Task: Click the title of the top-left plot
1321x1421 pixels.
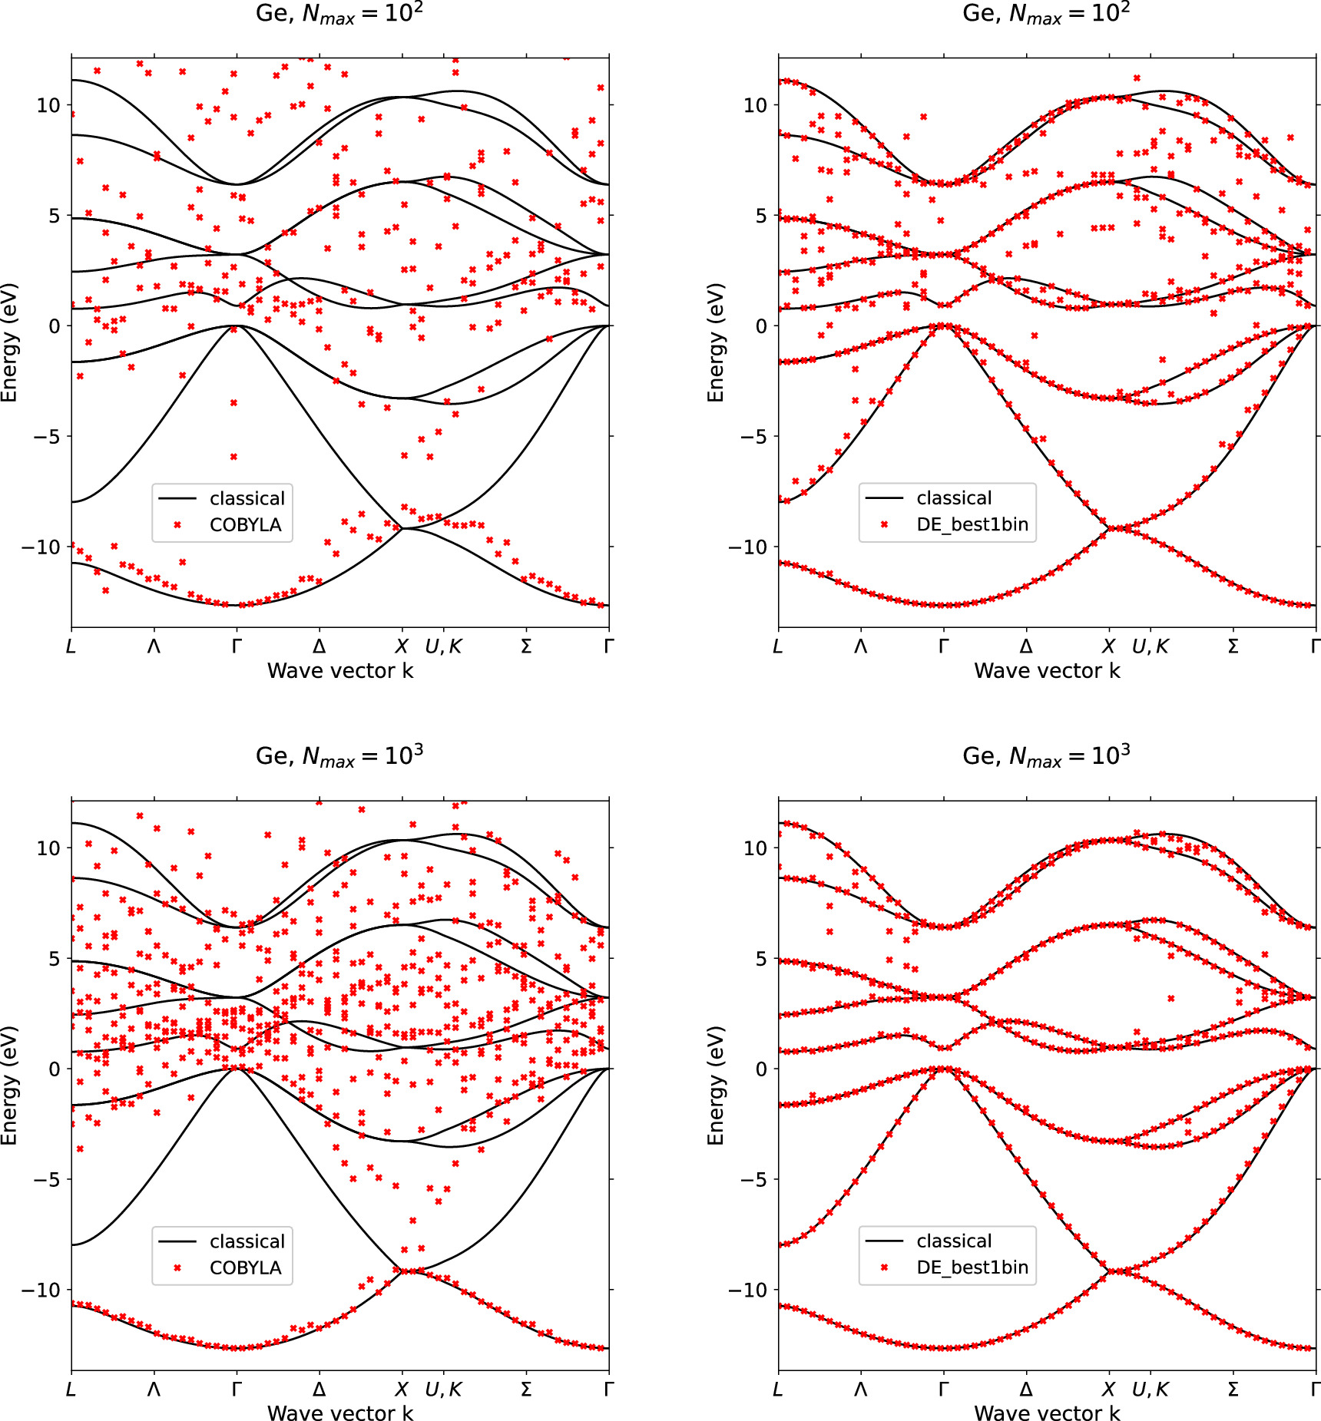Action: tap(339, 14)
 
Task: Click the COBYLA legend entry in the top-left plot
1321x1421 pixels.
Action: tap(245, 525)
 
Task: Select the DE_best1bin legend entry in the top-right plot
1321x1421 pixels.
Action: tap(972, 524)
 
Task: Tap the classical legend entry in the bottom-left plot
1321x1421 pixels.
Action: tap(247, 1241)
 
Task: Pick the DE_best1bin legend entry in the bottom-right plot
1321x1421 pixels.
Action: tap(972, 1267)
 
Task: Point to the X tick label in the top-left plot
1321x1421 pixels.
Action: tap(402, 646)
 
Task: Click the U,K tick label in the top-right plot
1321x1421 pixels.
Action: tap(1150, 646)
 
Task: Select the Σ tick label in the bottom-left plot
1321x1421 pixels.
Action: tap(526, 1390)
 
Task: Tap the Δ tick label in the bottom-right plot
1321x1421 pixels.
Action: tap(1026, 1390)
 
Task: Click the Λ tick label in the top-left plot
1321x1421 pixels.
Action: tap(154, 646)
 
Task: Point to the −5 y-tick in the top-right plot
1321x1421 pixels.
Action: tap(753, 437)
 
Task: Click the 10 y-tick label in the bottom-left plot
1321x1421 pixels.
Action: tap(48, 848)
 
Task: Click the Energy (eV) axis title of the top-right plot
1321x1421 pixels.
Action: tap(716, 342)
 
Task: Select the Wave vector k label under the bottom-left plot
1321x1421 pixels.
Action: tap(339, 1413)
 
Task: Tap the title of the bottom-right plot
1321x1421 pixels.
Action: tap(1046, 757)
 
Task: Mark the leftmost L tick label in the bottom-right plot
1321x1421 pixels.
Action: tap(778, 1390)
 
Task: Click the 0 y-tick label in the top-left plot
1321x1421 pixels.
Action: tap(54, 326)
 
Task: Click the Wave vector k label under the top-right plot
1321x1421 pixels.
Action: tap(1046, 671)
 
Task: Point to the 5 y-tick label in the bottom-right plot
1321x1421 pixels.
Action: tap(760, 959)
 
